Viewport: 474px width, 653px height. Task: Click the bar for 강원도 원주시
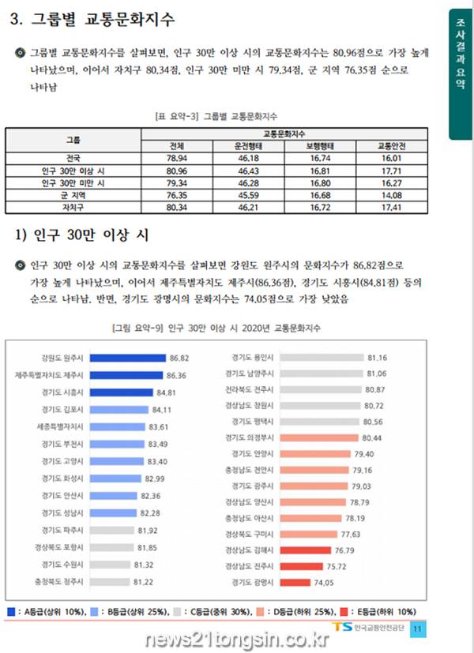126,357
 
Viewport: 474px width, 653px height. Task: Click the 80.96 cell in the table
177,170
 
